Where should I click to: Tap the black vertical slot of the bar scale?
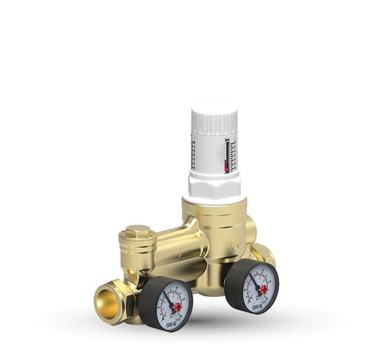coord(227,155)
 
